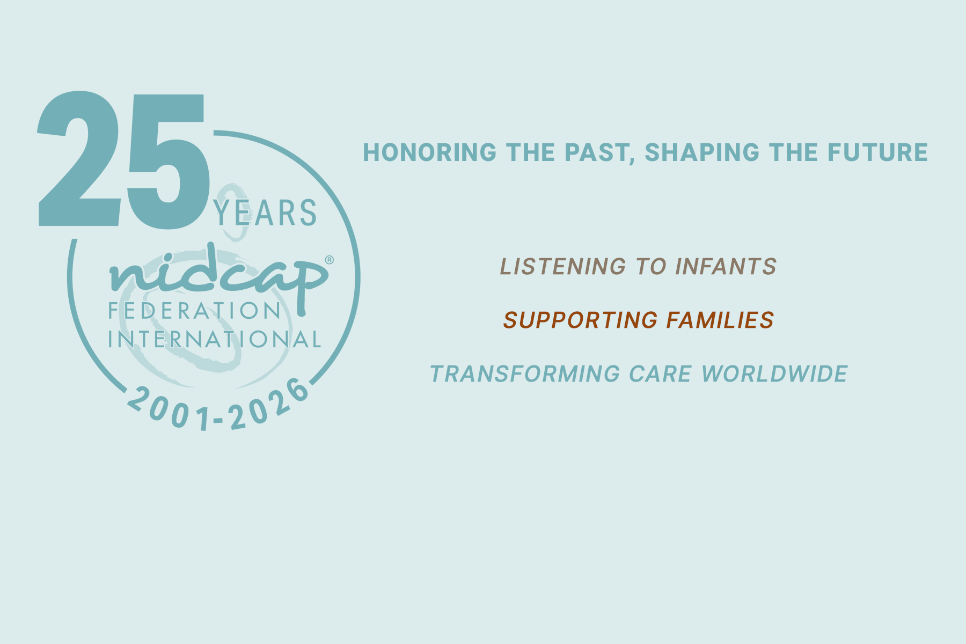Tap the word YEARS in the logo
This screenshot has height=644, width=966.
coord(265,213)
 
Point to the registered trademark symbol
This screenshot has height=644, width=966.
coord(330,260)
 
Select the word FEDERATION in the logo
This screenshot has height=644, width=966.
coord(194,311)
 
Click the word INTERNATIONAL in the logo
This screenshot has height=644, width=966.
coord(215,339)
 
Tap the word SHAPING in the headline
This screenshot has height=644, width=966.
coord(702,152)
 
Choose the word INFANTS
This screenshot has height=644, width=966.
coord(726,267)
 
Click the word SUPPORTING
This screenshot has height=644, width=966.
coord(580,320)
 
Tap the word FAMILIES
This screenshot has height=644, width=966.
coord(720,320)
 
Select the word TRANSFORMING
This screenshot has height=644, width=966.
coord(525,374)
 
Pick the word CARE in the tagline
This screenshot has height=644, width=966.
coord(660,374)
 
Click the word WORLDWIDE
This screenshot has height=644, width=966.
coord(774,374)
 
